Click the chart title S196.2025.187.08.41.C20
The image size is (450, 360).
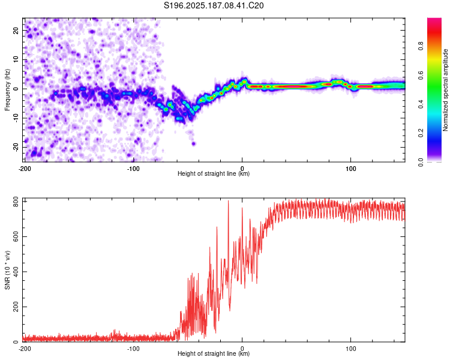[x=214, y=5]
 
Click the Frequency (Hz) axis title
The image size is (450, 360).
[x=7, y=90]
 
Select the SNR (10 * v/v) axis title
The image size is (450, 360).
[x=7, y=270]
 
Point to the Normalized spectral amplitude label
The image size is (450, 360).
[x=445, y=90]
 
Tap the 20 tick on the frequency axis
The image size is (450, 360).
[x=16, y=30]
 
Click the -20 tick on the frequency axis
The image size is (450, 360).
[x=16, y=147]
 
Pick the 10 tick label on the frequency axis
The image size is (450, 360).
[x=16, y=59]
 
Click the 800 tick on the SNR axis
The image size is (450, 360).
[x=16, y=202]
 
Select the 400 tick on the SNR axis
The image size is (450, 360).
[x=16, y=272]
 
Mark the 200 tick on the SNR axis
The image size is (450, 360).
[x=16, y=307]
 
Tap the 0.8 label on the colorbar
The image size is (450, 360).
[x=421, y=46]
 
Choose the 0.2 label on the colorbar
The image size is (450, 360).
[x=421, y=133]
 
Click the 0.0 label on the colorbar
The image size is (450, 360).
[x=421, y=162]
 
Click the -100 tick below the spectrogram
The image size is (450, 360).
[x=133, y=169]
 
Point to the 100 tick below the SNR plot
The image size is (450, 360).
[x=351, y=349]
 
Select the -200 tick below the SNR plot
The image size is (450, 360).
[x=25, y=349]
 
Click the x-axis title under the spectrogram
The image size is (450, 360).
[x=214, y=173]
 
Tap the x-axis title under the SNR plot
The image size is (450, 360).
[x=214, y=353]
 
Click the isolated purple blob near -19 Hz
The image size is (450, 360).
[x=194, y=143]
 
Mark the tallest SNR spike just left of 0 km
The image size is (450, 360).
[x=229, y=201]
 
